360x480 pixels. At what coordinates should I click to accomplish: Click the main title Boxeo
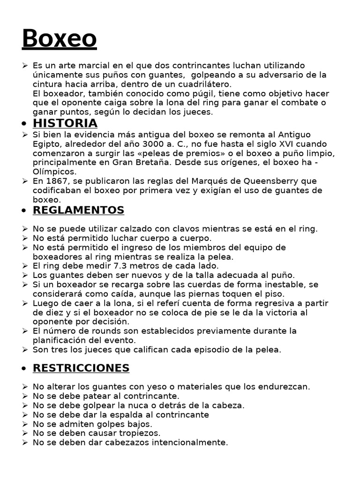[x=59, y=38]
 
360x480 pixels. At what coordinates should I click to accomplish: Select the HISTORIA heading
[x=65, y=123]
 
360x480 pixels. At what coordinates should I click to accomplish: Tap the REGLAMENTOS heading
[x=78, y=210]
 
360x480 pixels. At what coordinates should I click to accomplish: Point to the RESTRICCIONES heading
[x=81, y=368]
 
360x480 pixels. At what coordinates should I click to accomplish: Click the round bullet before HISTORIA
[x=24, y=124]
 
